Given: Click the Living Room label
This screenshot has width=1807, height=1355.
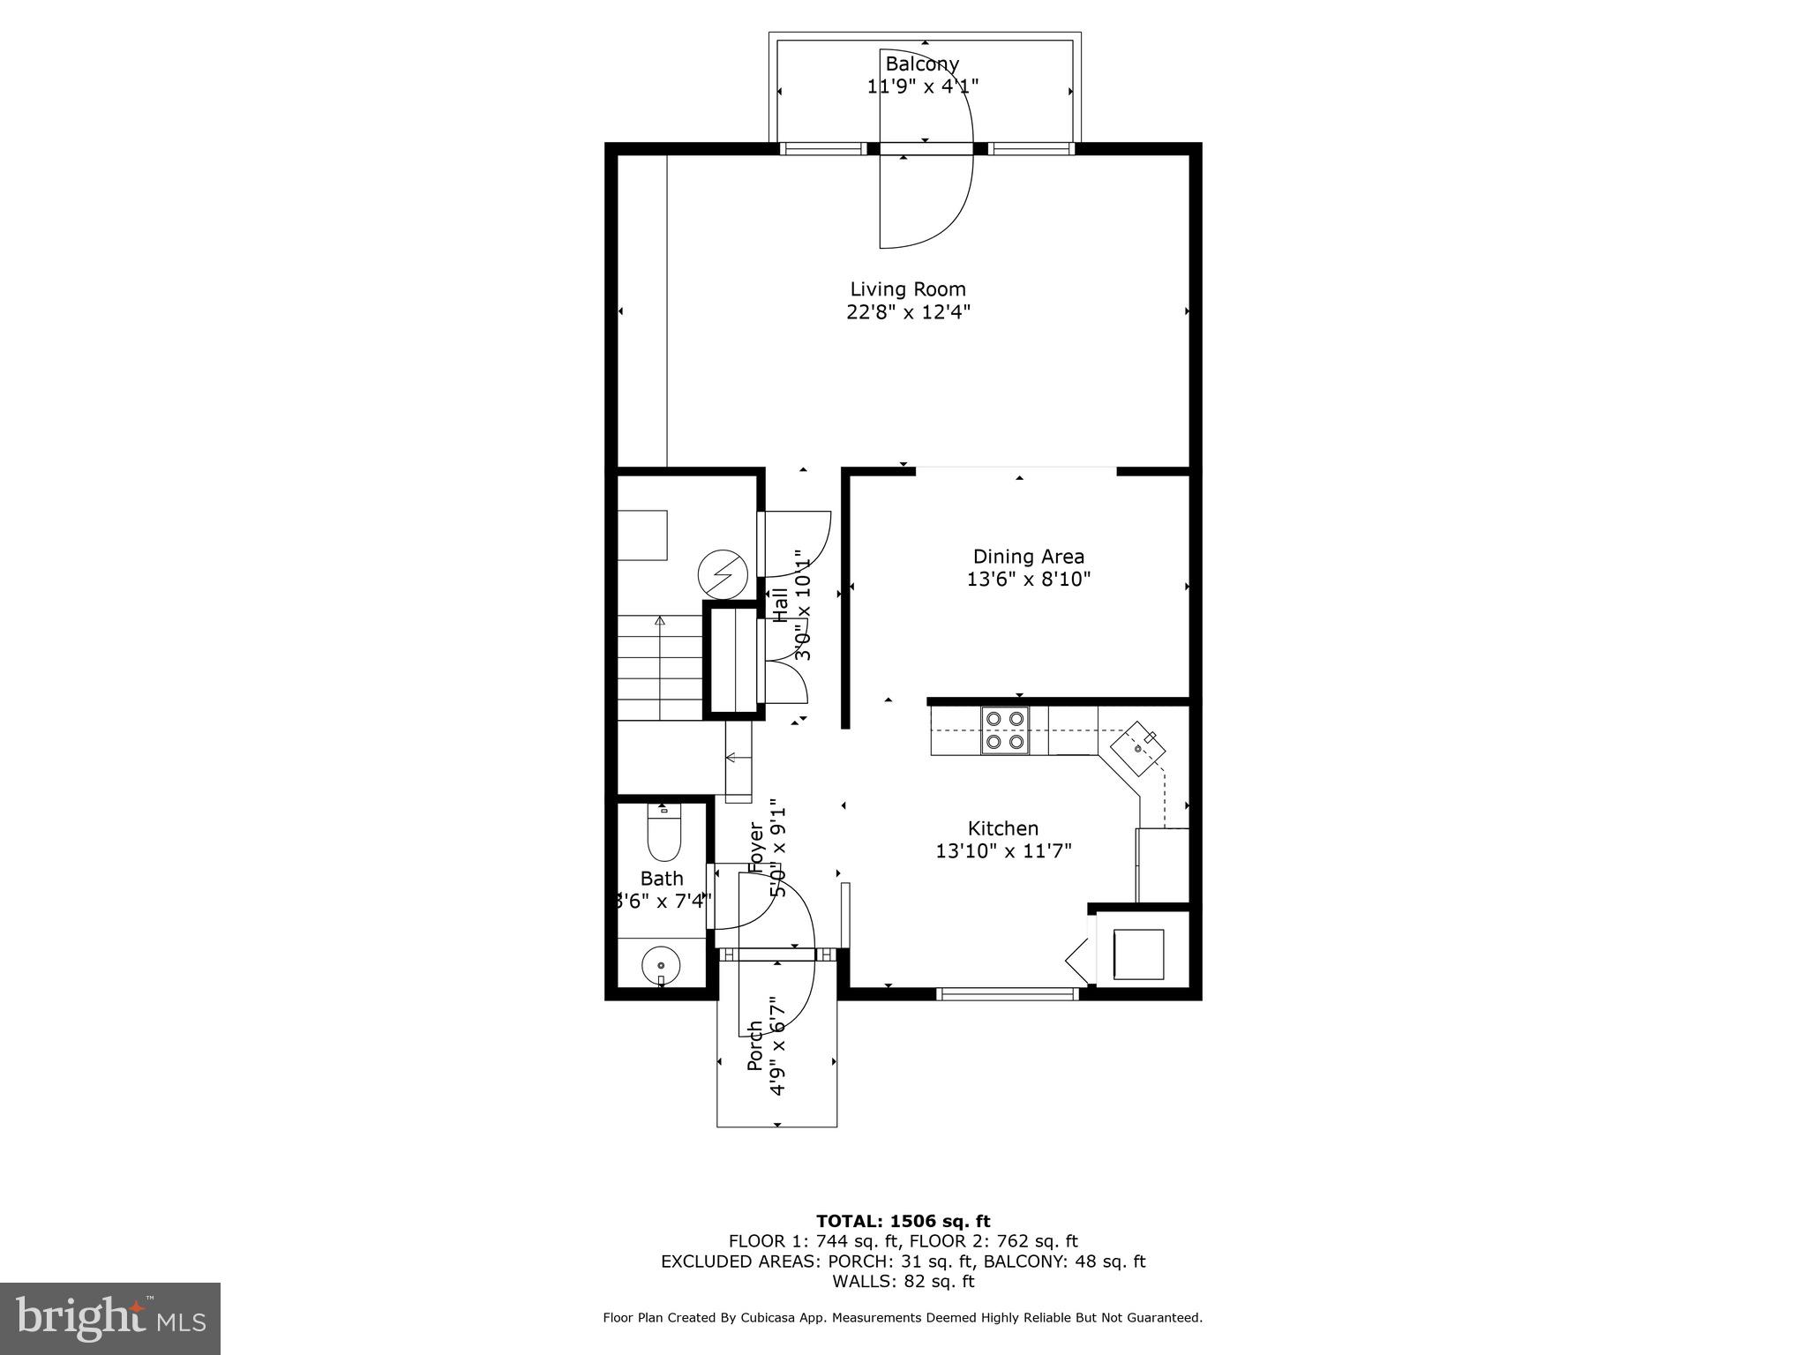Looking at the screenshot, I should pos(907,289).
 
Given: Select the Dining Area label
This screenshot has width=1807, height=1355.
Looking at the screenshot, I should pos(1028,557).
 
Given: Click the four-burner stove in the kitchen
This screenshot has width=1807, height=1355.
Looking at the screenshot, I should pos(1005,730).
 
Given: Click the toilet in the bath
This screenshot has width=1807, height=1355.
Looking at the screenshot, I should pos(664,834).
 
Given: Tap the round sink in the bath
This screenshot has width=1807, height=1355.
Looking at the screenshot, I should pos(660,964).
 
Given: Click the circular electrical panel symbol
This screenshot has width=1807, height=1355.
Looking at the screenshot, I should pos(723,576).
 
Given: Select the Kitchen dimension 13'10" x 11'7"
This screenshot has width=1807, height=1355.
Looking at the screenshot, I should pos(1003,851).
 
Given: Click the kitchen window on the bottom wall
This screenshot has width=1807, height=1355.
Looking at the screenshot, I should pos(1007,994).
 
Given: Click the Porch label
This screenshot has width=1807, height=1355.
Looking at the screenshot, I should pos(755,1045).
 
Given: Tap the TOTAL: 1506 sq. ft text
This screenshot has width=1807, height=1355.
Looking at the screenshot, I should pos(903,1221).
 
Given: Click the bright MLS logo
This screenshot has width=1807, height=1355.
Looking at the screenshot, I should pos(109,1318).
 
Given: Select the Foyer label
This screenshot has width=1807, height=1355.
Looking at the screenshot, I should pos(756,847).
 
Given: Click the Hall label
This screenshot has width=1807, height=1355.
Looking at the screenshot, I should pos(781,604).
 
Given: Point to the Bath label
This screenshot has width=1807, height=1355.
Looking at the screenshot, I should pos(662,879).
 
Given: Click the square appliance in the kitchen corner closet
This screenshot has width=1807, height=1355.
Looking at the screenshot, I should pos(1138,954).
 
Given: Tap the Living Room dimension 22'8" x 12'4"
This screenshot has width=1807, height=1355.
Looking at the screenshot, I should pos(908,312).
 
